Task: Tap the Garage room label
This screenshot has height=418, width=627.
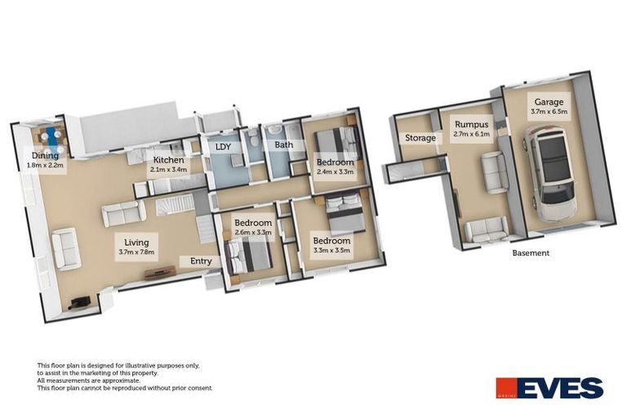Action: click(x=549, y=103)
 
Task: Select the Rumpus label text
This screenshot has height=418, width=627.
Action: click(x=471, y=124)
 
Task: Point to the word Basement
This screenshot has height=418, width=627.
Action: click(x=531, y=253)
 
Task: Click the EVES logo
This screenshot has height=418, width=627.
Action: click(x=549, y=387)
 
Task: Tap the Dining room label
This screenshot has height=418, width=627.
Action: click(x=46, y=155)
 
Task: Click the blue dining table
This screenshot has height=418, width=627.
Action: click(x=54, y=135)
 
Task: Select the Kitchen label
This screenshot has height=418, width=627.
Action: click(x=168, y=160)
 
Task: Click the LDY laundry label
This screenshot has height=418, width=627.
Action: click(x=223, y=148)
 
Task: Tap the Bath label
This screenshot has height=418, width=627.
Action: click(x=284, y=145)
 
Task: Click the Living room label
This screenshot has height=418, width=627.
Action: click(x=136, y=242)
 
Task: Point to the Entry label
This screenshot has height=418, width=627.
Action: click(x=201, y=261)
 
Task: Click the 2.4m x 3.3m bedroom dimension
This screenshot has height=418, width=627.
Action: click(x=335, y=173)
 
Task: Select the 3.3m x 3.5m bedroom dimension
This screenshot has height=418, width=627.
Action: click(x=331, y=251)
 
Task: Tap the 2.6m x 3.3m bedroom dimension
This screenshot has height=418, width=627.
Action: click(x=252, y=233)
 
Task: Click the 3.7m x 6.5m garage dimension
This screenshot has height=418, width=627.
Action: click(x=549, y=113)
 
